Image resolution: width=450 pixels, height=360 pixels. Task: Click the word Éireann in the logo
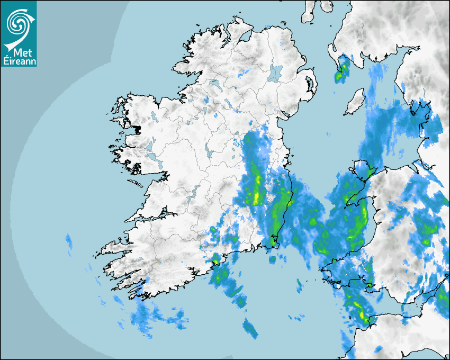pyautogui.click(x=19, y=61)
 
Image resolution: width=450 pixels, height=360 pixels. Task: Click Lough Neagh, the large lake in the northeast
pyautogui.click(x=275, y=73)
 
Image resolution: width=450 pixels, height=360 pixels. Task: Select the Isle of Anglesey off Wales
pyautogui.click(x=363, y=170)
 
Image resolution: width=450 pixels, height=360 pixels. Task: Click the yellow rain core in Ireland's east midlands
pyautogui.click(x=257, y=196)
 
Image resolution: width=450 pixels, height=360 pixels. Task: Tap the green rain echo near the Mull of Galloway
pyautogui.click(x=341, y=70)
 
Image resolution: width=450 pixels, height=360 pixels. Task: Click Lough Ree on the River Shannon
pyautogui.click(x=209, y=154)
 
